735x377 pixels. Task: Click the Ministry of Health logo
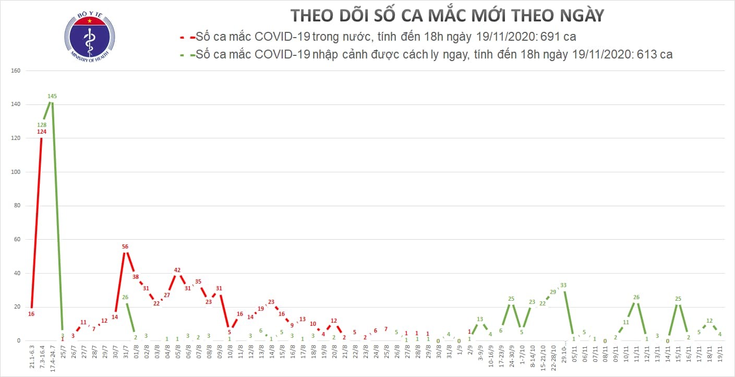(x=89, y=36)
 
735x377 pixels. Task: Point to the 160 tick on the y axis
(x=15, y=70)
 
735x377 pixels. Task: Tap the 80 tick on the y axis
(x=16, y=206)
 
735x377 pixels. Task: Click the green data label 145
(x=52, y=96)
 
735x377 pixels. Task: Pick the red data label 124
(x=42, y=132)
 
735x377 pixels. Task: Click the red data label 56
(x=125, y=246)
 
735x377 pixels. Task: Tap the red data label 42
(x=177, y=270)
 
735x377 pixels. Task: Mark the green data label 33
(x=563, y=285)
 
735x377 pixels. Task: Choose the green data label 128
(x=42, y=125)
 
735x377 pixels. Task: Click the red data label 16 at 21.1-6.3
(x=31, y=314)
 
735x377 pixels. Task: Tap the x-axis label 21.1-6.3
(x=31, y=359)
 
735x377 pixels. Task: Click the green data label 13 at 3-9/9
(x=480, y=319)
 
